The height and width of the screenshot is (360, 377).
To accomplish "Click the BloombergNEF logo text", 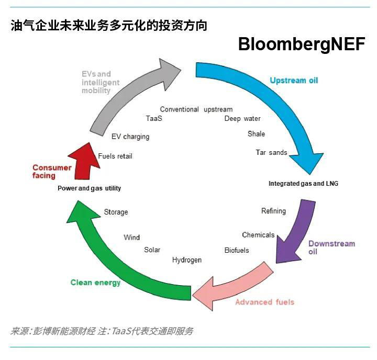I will [x=301, y=44].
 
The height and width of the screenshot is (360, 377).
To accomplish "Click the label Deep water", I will [x=242, y=119].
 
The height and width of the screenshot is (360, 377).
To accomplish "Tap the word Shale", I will [x=256, y=134].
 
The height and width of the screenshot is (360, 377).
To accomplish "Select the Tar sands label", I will [x=271, y=153].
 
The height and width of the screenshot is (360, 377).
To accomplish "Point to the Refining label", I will [x=273, y=211].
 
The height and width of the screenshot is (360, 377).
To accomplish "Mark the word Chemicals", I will [x=258, y=235].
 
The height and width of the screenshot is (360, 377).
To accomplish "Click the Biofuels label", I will [x=237, y=250].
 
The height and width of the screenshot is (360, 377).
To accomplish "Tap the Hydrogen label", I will [x=187, y=260].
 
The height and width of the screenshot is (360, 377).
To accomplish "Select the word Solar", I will [x=152, y=250].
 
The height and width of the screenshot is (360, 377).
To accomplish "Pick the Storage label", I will [x=116, y=212].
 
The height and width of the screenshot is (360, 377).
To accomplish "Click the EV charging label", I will [x=130, y=137].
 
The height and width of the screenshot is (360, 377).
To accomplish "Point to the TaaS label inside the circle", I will [x=154, y=119].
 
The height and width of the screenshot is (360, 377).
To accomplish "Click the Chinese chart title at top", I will [x=109, y=26].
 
